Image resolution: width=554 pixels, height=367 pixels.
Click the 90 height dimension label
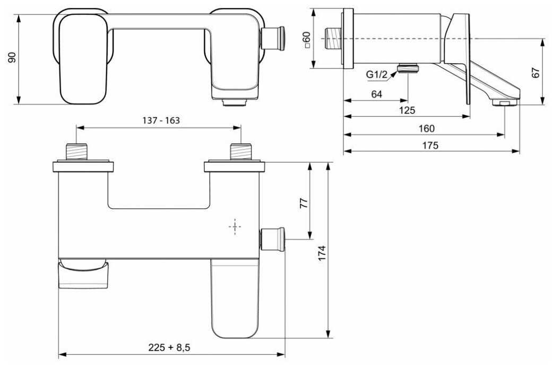click(13, 57)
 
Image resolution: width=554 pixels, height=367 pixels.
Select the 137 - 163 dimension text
click(161, 120)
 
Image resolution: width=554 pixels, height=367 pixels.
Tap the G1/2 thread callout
click(377, 75)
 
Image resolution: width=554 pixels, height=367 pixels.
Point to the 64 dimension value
click(377, 94)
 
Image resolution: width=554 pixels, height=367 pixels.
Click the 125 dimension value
click(407, 110)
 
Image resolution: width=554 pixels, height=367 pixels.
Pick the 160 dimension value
click(427, 128)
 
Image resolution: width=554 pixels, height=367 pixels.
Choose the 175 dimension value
click(430, 145)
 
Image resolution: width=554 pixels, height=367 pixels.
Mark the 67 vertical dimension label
click(536, 73)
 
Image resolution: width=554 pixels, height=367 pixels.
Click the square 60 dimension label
click(307, 40)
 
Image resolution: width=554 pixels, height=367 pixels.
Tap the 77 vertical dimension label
click(304, 203)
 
